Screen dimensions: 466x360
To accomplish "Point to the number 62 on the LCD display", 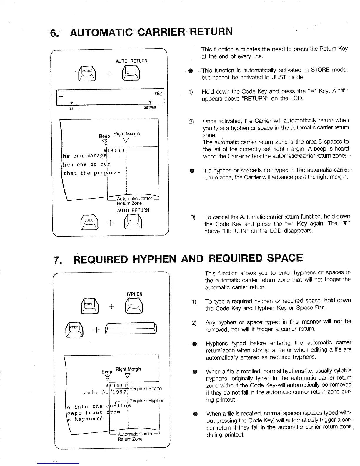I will pos(159,94).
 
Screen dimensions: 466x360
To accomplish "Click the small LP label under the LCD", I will pos(71,108).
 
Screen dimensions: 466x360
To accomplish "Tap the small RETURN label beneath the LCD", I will pos(150,108).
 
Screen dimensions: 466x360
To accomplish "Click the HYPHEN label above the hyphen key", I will pos(134,294).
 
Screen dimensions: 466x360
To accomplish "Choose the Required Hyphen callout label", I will pos(147,401).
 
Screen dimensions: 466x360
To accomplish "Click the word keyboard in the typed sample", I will pos(89,419).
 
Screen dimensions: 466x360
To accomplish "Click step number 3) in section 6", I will pos(193,218).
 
